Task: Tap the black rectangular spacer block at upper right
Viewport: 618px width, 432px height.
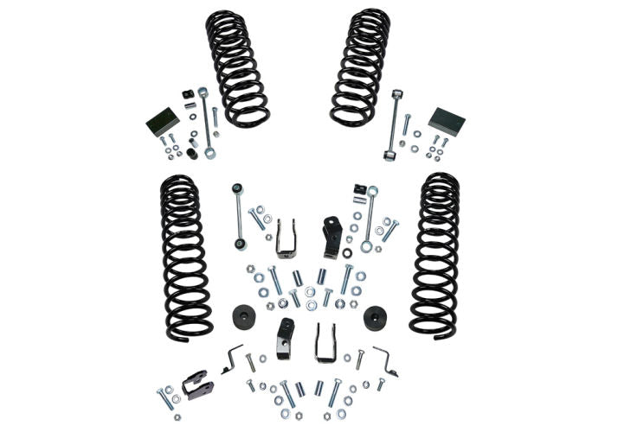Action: (447, 122)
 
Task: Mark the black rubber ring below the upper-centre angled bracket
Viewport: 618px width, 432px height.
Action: (347, 253)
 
